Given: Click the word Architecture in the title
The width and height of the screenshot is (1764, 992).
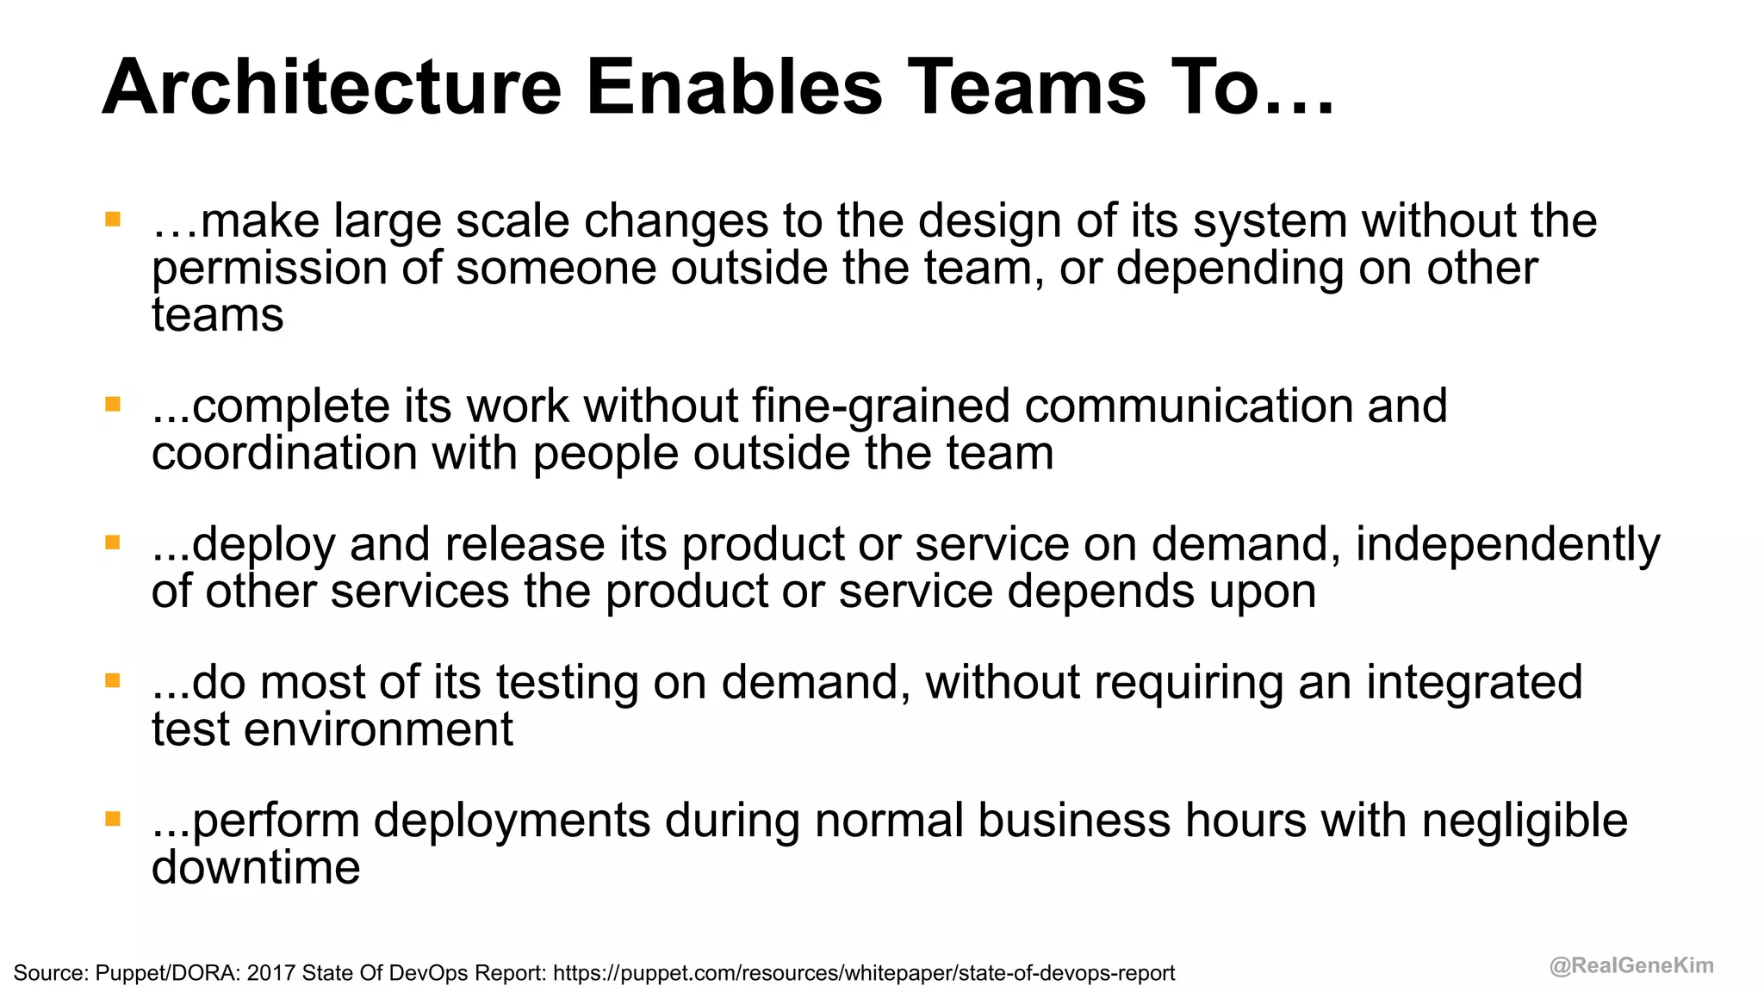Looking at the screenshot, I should coord(332,87).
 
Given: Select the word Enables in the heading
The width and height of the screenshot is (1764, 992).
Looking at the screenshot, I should coord(735,87).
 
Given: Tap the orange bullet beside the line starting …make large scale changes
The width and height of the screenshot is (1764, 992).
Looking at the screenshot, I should coord(113,219).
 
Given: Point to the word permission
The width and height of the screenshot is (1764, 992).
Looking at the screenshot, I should coord(270,269).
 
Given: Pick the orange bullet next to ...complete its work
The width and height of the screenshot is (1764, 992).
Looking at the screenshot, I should coord(113,404).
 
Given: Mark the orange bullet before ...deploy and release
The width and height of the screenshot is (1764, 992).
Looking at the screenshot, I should coord(113,542).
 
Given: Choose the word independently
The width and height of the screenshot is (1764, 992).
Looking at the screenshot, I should coord(1507,545).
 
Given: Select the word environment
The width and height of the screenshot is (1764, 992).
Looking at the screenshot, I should coord(378,729).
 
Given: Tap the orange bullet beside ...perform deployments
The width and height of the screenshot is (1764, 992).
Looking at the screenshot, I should coord(113,818).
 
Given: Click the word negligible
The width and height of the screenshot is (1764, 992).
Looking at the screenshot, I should coord(1525,821).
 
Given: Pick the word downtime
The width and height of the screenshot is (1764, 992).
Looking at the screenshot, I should coord(256,867).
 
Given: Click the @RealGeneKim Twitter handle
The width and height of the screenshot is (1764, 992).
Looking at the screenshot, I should coord(1631,965).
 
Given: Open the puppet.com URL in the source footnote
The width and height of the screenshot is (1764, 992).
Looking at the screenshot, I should coord(864,973).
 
